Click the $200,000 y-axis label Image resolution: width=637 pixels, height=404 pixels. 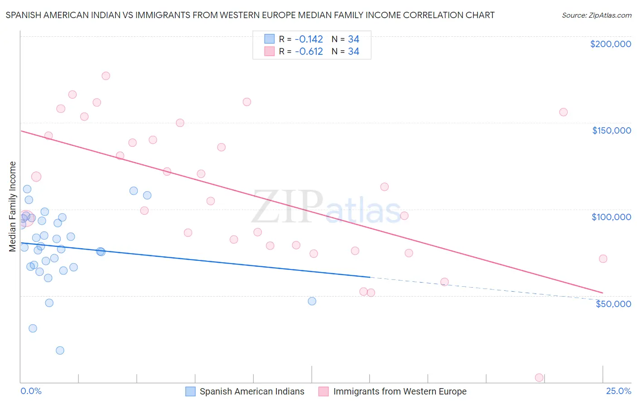(x=610, y=44)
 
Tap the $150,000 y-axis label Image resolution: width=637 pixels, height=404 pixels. (x=611, y=130)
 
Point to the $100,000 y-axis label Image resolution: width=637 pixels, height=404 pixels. (x=611, y=217)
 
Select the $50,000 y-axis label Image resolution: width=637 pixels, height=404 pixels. (x=613, y=303)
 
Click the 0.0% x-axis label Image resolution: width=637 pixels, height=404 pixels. (x=31, y=391)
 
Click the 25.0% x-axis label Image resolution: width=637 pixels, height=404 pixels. (x=618, y=391)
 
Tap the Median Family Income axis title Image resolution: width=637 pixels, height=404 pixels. (x=13, y=207)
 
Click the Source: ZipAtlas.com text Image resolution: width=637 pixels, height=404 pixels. (x=596, y=15)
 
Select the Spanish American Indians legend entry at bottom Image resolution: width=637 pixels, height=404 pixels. (x=245, y=391)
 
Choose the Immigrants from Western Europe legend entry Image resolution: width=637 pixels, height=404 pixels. (x=392, y=391)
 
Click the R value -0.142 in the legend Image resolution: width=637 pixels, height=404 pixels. (x=309, y=39)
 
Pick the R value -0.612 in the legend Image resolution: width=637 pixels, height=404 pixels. (x=309, y=52)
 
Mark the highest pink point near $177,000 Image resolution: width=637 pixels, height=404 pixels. (x=106, y=76)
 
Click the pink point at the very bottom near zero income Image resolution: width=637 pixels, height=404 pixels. (x=539, y=377)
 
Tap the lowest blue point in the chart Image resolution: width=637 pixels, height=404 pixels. (x=60, y=350)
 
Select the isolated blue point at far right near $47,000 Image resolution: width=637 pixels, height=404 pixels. (x=312, y=301)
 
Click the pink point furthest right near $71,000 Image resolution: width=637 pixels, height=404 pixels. (x=603, y=259)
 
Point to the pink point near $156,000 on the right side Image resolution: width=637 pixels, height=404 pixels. (x=564, y=112)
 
